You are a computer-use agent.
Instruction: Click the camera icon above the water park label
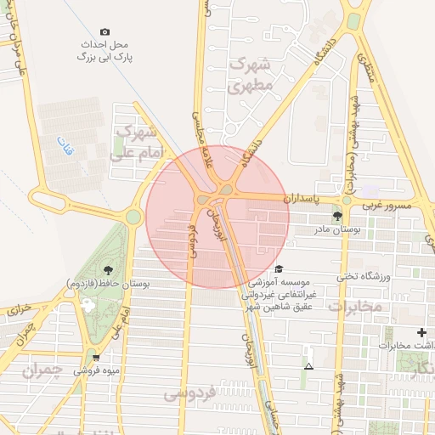tap(105, 31)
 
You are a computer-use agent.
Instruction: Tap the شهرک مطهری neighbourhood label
tap(252, 75)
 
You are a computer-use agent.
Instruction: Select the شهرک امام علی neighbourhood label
tap(136, 142)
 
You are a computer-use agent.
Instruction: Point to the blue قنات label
tap(65, 146)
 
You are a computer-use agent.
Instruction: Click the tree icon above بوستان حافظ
tap(106, 269)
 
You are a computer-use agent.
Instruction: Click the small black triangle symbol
tap(308, 366)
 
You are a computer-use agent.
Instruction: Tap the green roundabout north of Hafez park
tap(133, 217)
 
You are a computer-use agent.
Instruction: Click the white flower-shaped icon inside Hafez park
tap(88, 304)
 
